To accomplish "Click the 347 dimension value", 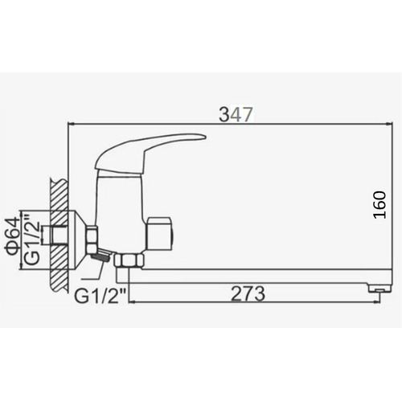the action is pos(236,114).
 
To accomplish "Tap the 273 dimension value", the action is pos(248,293).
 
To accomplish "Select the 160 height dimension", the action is pos(380,205).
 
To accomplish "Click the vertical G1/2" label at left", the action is pos(32,239).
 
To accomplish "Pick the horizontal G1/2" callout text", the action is pos(100,296).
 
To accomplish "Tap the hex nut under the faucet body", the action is pos(129,261).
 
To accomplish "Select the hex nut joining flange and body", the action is pos(92,240).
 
